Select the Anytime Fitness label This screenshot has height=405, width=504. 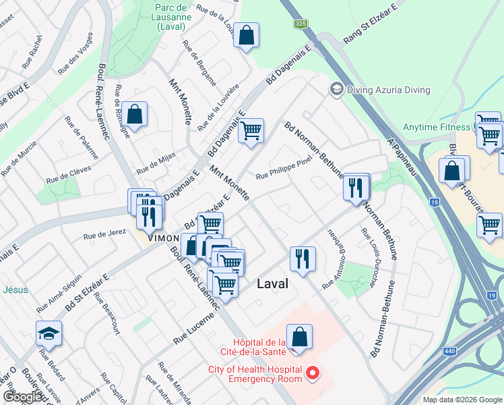point(437,127)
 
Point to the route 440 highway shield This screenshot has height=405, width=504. point(449,351)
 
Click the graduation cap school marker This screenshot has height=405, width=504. point(49,333)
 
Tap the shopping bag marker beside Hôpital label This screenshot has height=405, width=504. point(299,337)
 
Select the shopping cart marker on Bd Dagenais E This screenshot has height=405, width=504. point(251,131)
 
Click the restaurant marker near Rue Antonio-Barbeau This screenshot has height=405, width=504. point(303,259)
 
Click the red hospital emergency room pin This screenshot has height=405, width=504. point(312,373)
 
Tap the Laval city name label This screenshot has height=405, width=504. point(273,284)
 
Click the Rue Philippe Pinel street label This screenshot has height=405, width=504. point(284,173)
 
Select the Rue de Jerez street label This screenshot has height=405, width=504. point(104,234)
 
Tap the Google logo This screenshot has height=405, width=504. point(23,397)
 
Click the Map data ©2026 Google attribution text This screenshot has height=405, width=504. point(463,400)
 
